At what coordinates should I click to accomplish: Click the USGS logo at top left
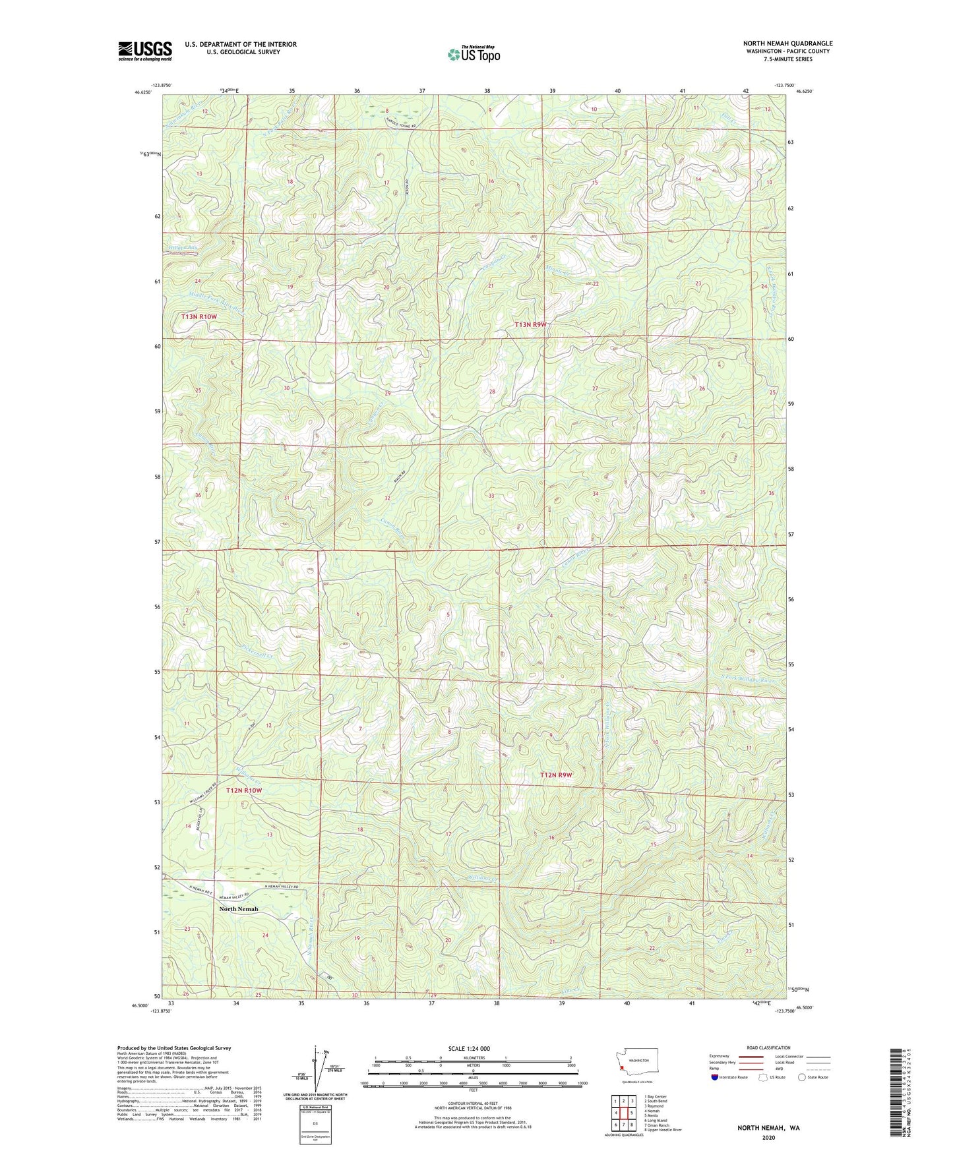click(x=145, y=51)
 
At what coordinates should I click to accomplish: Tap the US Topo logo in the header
click(x=474, y=54)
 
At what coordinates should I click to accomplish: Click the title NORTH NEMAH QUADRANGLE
click(x=787, y=44)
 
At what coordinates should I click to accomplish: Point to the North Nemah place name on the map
click(x=239, y=909)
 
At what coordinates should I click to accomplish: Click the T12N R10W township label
click(x=248, y=790)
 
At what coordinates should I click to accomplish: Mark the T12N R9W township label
click(x=556, y=775)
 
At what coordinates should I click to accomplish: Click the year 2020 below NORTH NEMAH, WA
click(x=768, y=1137)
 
